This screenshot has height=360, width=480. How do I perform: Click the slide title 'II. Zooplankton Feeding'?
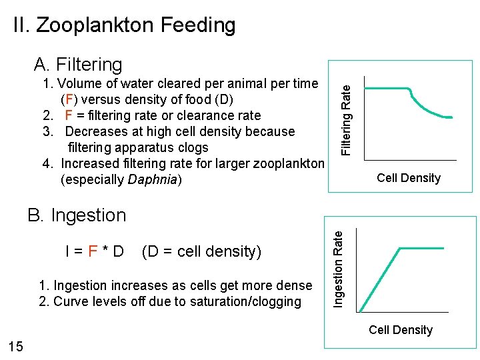tap(125, 25)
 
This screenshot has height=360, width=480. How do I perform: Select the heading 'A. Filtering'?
tap(78, 65)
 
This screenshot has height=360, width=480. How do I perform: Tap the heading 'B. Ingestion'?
tap(77, 215)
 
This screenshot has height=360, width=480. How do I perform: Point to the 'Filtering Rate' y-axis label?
tap(346, 115)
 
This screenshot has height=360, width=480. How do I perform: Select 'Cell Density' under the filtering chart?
tap(408, 178)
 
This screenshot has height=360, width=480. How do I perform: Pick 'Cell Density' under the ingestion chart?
tap(400, 330)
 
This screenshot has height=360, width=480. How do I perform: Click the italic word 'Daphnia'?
tap(155, 180)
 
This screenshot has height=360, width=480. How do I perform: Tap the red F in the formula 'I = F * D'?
tap(93, 252)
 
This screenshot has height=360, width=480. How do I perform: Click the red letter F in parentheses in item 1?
tap(68, 100)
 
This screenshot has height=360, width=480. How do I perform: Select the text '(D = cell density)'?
tap(202, 252)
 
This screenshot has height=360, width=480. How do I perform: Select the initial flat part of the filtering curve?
tap(387, 89)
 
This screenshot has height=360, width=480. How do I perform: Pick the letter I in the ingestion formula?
tap(69, 252)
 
